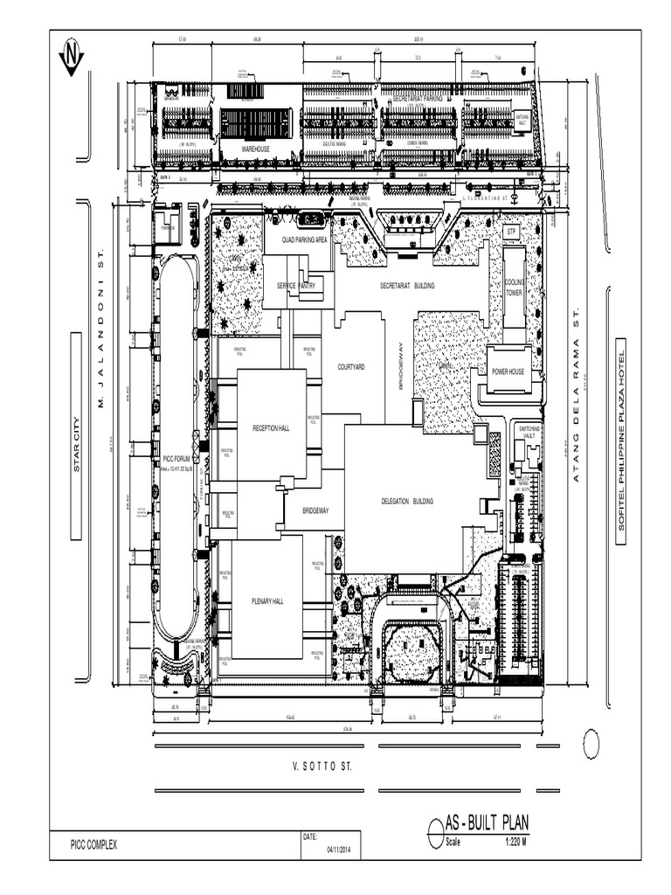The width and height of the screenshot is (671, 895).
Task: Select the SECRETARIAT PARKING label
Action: (423, 99)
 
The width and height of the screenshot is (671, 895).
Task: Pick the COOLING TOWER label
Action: (514, 288)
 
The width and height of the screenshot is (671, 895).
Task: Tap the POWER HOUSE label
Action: (508, 371)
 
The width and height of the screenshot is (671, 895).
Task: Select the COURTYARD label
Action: (350, 367)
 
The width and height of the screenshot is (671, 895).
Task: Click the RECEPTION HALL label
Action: (271, 428)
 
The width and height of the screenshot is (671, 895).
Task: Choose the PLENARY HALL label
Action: (267, 601)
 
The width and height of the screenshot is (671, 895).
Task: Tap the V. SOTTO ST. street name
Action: (322, 767)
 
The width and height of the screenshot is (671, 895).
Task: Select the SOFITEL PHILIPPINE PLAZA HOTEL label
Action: (622, 441)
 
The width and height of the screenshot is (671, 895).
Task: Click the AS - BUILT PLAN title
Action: (487, 823)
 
